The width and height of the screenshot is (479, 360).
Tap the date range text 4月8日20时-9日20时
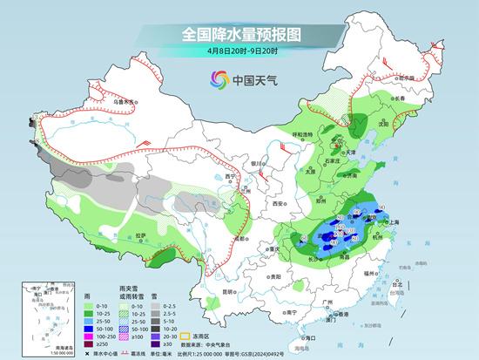point(239,52)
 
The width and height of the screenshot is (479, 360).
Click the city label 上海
point(394,222)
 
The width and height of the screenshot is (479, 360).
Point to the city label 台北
point(399,284)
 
